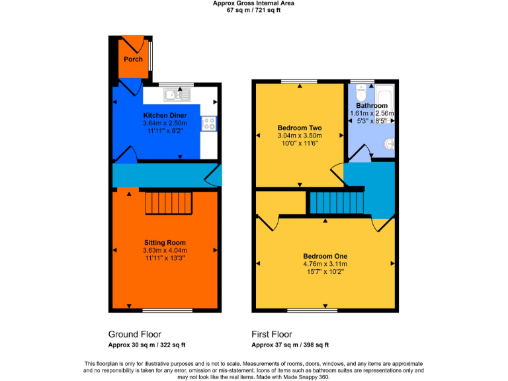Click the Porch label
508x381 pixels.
(134, 60)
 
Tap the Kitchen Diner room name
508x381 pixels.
(165, 115)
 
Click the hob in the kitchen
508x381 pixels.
(210, 123)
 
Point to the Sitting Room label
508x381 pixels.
(165, 242)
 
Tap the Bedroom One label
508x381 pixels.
(325, 256)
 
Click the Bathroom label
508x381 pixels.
(371, 106)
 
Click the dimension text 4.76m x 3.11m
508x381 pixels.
(325, 264)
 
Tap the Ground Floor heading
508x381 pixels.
(135, 334)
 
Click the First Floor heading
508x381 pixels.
(272, 334)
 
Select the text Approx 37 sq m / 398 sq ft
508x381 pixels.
(290, 345)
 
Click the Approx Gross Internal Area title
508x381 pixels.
(254, 3)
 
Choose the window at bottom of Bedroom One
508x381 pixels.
(312, 310)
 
